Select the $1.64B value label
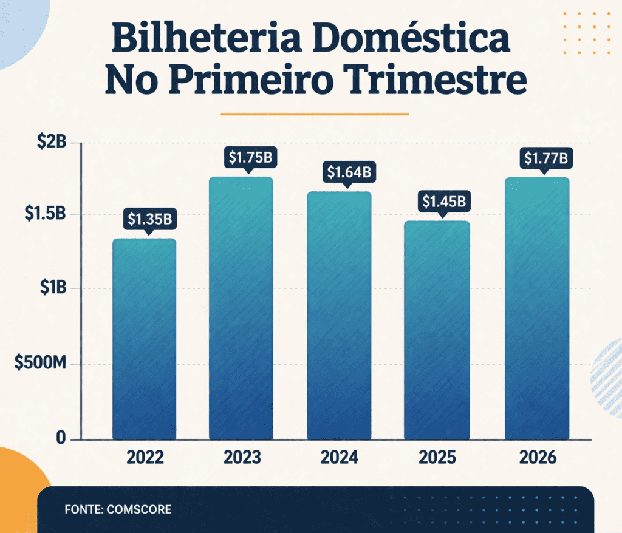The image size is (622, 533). [x=349, y=172]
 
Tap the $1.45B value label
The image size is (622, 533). [x=443, y=201]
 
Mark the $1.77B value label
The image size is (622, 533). [x=546, y=158]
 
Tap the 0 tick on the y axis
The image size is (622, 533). [x=60, y=438]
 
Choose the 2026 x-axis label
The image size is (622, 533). [x=538, y=457]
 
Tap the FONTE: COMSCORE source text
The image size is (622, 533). [x=118, y=509]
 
